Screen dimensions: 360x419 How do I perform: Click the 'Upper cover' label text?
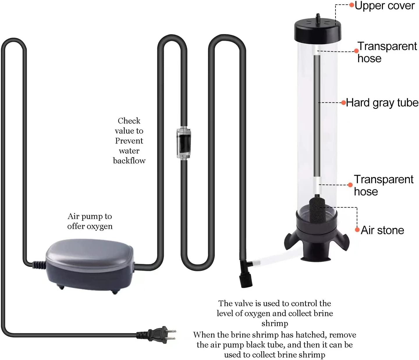pos(385,6)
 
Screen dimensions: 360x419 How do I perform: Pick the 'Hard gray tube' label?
pos(382,103)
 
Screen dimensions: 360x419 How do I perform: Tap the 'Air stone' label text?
pos(382,230)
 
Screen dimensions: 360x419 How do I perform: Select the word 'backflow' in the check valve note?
pos(129,161)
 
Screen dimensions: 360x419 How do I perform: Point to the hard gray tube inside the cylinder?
pos(317,116)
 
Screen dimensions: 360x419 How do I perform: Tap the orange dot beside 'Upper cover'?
pos(352,5)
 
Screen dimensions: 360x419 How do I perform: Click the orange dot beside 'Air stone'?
pos(357,230)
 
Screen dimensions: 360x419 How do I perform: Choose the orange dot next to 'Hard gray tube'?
pos(344,103)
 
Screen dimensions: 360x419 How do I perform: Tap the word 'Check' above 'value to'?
pos(129,121)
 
